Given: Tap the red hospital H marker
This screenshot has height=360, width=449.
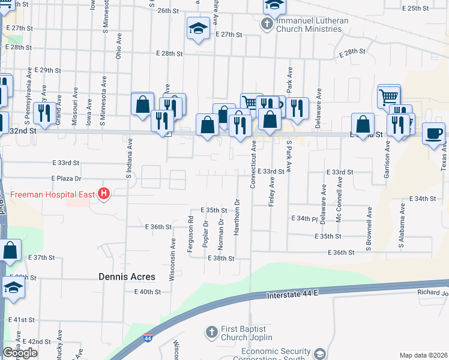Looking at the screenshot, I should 104,194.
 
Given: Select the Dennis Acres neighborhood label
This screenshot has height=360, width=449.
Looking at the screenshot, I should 127,277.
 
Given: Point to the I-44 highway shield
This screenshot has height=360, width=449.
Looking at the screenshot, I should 148,339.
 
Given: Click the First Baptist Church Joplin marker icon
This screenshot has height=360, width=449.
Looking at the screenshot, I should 211,332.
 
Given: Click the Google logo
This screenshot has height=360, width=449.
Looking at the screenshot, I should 20,352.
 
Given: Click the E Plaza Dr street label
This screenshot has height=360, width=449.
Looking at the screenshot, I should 66,179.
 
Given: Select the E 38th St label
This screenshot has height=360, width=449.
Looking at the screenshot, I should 220,258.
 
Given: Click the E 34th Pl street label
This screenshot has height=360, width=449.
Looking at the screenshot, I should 304,218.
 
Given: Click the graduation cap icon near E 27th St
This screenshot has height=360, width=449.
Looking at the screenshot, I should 197,28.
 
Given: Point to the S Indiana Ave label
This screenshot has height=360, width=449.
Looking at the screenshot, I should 128,159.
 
